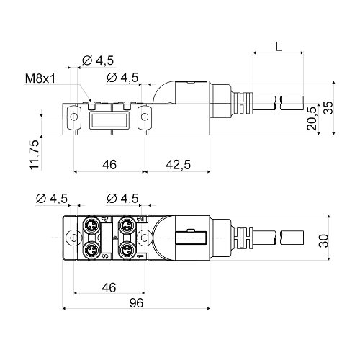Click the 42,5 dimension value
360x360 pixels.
177,164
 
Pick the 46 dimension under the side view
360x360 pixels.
109,164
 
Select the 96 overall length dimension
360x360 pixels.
136,303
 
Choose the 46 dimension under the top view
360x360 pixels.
109,287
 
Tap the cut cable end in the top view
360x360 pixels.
292,237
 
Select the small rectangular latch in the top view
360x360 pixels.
192,237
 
